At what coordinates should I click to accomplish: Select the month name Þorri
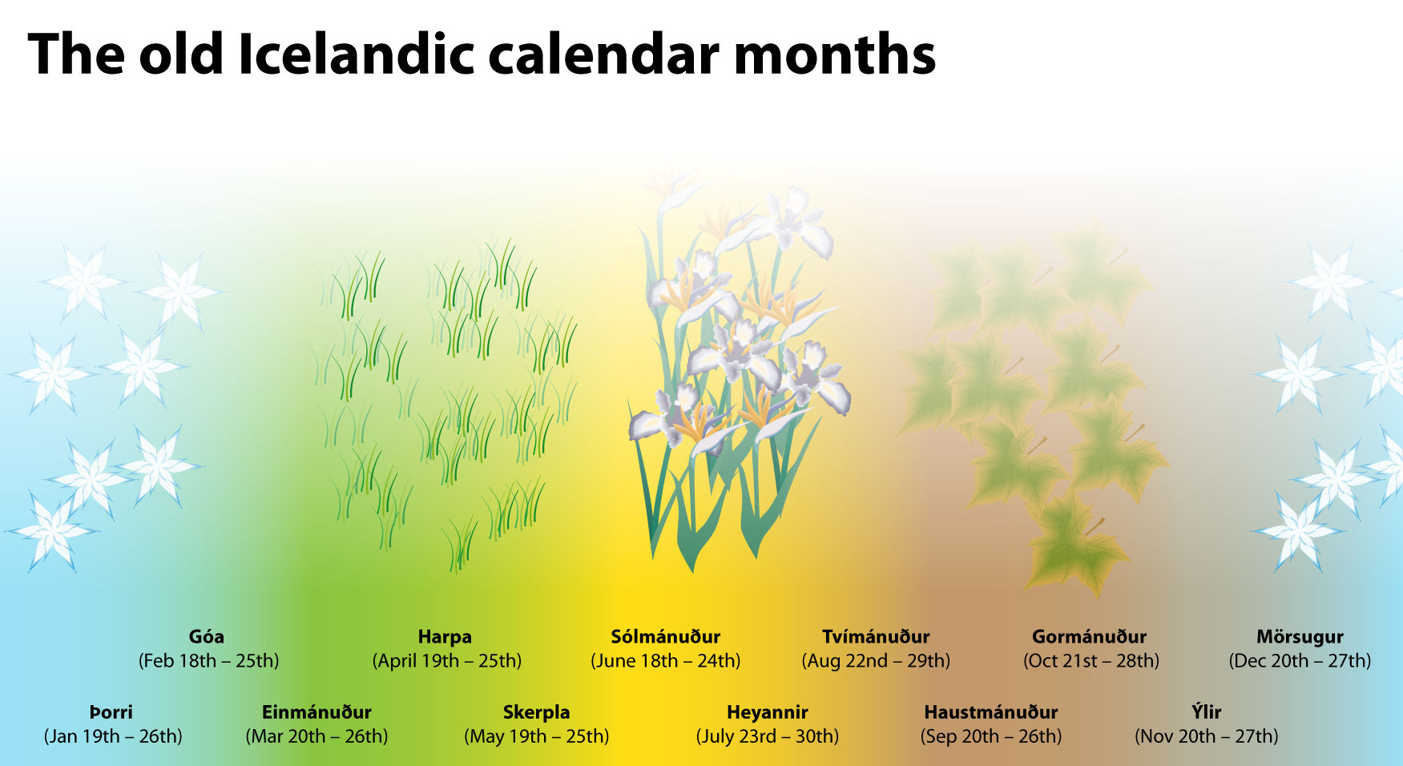(x=111, y=712)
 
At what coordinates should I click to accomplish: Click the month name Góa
(x=207, y=637)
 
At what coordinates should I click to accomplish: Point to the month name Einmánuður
(x=316, y=712)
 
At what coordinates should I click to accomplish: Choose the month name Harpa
(x=445, y=638)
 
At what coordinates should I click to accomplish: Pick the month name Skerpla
(x=537, y=713)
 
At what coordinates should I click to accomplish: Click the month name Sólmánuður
(x=666, y=637)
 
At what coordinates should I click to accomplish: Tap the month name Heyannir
(x=768, y=713)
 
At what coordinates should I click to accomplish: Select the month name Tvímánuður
(x=876, y=637)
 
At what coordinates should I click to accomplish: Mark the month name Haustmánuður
(x=991, y=712)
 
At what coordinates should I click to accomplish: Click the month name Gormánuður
(x=1090, y=637)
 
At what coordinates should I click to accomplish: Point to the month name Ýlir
(x=1207, y=712)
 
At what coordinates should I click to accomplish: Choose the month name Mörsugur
(x=1300, y=638)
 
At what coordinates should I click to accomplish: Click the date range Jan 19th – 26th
(x=113, y=736)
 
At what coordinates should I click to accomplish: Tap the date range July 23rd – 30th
(x=768, y=736)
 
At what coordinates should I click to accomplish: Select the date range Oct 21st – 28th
(x=1091, y=661)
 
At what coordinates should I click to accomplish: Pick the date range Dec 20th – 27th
(x=1300, y=661)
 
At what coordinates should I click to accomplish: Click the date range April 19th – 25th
(x=447, y=661)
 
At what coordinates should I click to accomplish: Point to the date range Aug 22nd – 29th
(x=876, y=661)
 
